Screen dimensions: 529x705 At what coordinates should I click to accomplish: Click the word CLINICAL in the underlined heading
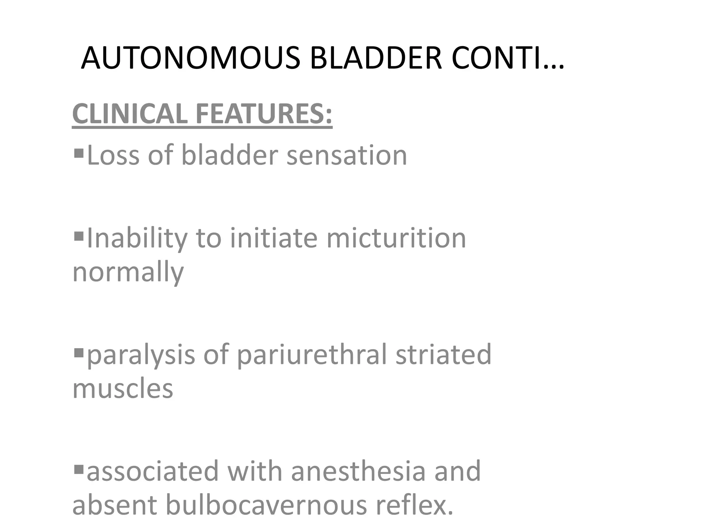coord(130,113)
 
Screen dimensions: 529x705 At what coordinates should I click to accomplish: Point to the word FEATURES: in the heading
coord(264,113)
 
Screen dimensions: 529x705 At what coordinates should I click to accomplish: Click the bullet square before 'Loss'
coord(79,152)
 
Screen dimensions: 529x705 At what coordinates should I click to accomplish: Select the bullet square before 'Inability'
coord(79,236)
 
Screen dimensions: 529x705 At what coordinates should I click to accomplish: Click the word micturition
coord(396,238)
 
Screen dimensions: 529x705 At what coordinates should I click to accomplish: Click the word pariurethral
coord(312,355)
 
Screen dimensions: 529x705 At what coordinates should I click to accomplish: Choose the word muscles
coord(123,388)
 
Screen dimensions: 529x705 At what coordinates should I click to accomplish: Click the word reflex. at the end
coord(414,505)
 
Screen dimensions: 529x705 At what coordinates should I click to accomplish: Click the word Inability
coord(137,238)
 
